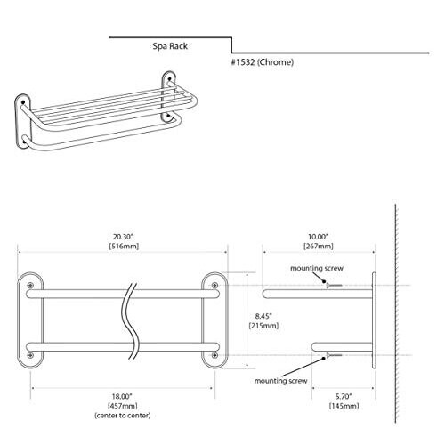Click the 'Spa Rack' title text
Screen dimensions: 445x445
tap(170, 46)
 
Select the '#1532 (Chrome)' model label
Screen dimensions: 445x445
tap(263, 62)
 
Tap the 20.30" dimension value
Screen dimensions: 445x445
tap(124, 237)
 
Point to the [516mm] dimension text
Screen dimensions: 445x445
tap(124, 246)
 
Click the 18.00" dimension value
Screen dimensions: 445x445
tap(122, 396)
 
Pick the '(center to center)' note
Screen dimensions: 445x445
tap(123, 416)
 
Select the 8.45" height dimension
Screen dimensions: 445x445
tap(263, 316)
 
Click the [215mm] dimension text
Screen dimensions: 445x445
tap(263, 326)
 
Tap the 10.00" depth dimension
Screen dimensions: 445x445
tap(318, 237)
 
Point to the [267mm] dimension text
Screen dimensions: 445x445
tap(319, 246)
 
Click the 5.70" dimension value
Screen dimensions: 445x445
tap(344, 396)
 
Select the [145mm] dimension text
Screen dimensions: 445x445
tap(344, 406)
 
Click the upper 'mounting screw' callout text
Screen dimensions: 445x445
tap(317, 268)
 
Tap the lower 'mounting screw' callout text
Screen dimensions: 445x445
tap(280, 381)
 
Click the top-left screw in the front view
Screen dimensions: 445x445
tap(30, 286)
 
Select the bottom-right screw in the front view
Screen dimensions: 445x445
tap(214, 355)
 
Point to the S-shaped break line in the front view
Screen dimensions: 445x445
tap(131, 321)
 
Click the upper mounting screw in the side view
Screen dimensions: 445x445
tap(334, 286)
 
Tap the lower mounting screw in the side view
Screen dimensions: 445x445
tap(334, 355)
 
